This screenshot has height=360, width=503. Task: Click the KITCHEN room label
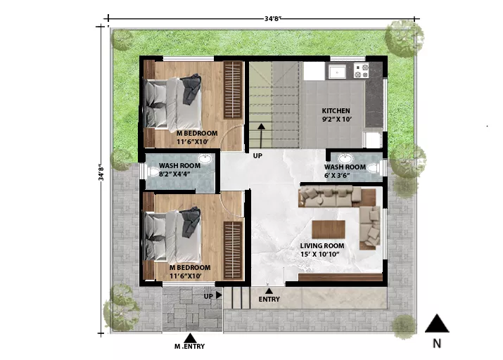click(336, 111)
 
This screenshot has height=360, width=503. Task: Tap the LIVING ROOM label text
click(322, 246)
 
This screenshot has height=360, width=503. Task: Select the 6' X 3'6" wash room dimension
click(337, 176)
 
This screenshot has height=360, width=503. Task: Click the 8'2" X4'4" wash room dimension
click(175, 174)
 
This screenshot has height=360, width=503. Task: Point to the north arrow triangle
click(437, 323)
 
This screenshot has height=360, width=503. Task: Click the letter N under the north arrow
click(437, 343)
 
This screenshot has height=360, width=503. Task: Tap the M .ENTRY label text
click(189, 346)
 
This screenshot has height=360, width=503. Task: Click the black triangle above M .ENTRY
click(190, 338)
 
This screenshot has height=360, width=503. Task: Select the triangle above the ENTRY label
click(269, 291)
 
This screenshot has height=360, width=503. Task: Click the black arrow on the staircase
click(262, 134)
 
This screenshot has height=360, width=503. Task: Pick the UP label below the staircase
click(257, 156)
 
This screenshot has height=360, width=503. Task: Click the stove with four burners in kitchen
click(361, 70)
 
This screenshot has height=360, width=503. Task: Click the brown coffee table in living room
click(329, 229)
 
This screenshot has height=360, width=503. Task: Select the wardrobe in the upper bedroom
click(233, 90)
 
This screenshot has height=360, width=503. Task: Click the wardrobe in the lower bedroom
click(233, 250)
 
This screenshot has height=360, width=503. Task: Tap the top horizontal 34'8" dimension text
click(273, 18)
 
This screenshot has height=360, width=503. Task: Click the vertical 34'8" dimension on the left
click(101, 172)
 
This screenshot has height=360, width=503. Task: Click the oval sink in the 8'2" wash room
click(204, 159)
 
